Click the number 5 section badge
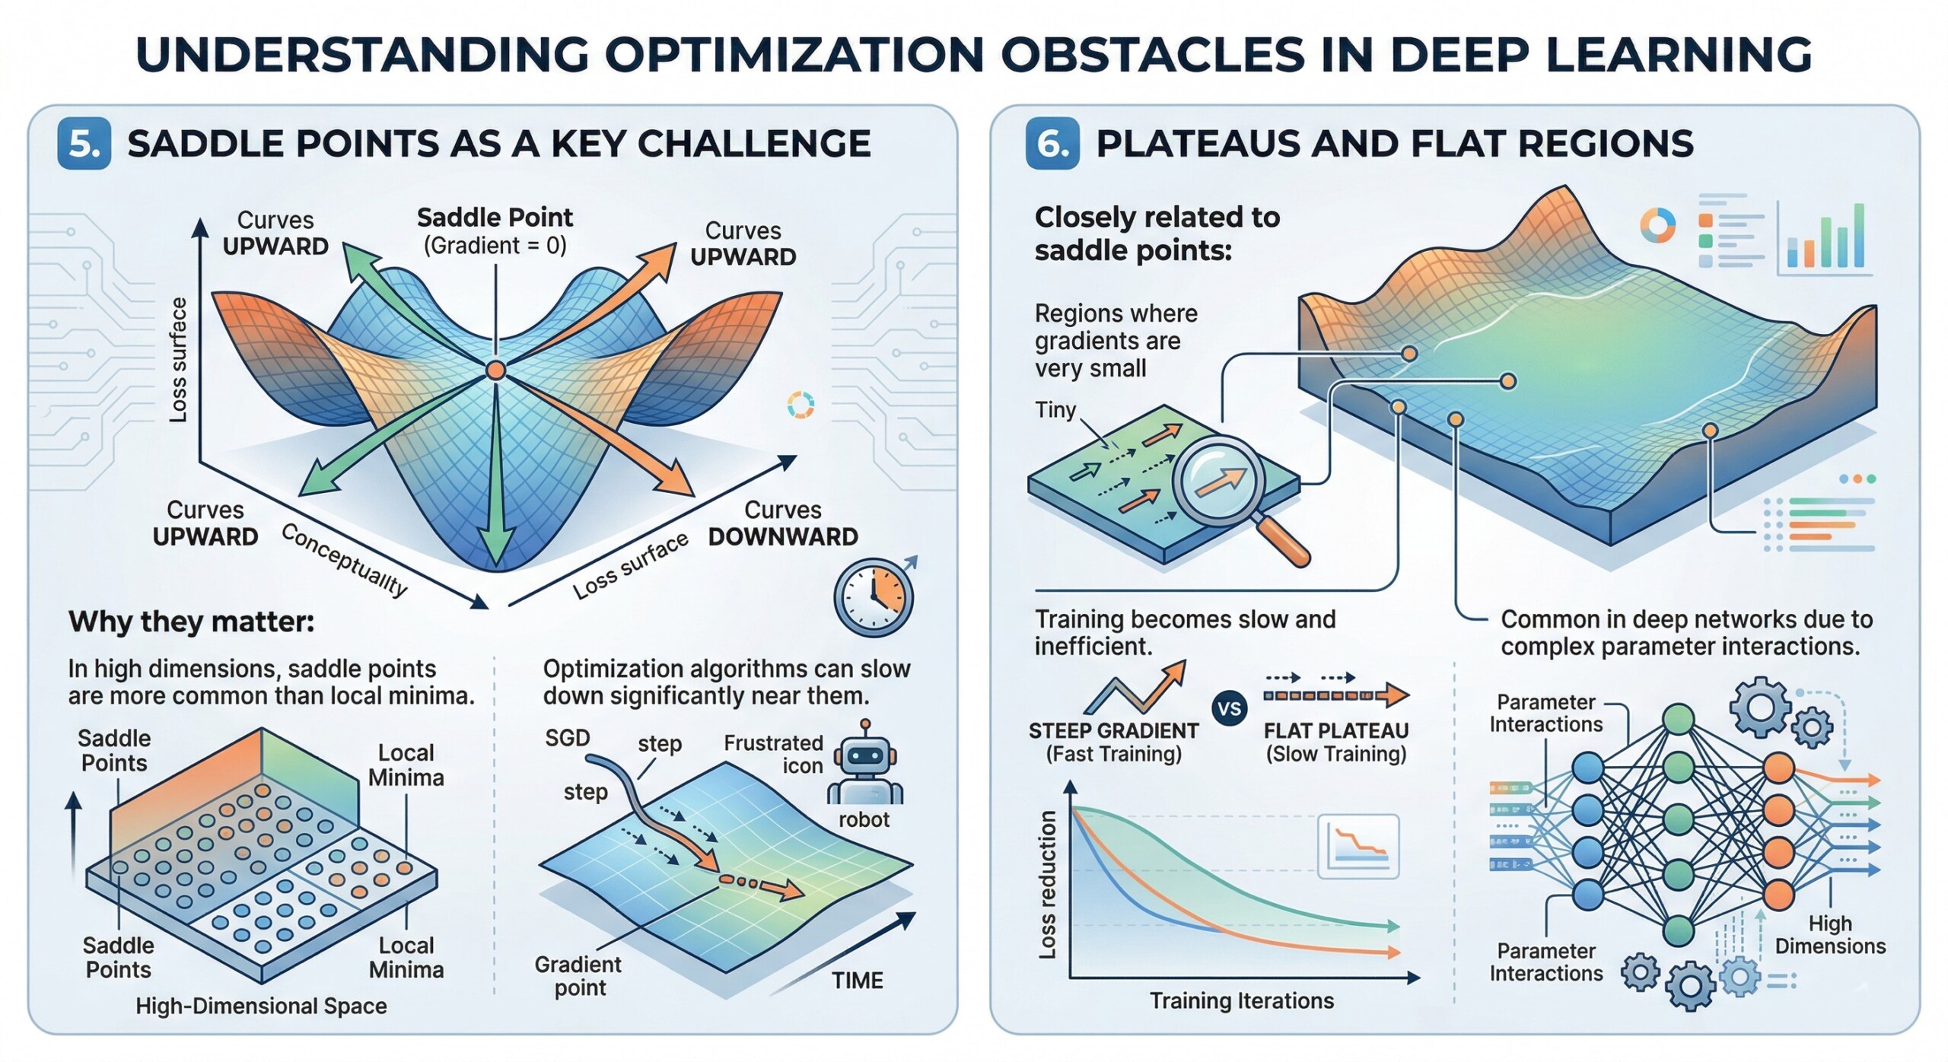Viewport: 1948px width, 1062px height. point(84,143)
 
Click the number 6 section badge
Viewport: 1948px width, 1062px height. point(1052,143)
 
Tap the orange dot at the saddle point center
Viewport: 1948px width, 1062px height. point(495,370)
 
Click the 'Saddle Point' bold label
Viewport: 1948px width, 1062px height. point(495,218)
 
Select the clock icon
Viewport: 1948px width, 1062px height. point(873,598)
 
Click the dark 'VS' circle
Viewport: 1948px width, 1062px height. point(1229,709)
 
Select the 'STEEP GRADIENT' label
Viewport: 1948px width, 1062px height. point(1113,731)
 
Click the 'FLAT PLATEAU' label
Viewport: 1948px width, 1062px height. point(1335,731)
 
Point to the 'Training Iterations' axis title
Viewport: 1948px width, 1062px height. point(1241,1000)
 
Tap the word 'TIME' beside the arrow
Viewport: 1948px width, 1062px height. point(857,981)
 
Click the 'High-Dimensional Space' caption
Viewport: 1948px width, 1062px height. point(261,1006)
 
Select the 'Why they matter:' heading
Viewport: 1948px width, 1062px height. point(191,622)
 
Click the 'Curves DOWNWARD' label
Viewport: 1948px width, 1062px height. point(782,523)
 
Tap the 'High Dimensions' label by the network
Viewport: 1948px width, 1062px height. point(1829,934)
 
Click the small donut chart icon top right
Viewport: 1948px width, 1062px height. point(1657,226)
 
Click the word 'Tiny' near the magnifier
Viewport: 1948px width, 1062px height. point(1055,410)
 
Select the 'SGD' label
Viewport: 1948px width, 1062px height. point(567,737)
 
